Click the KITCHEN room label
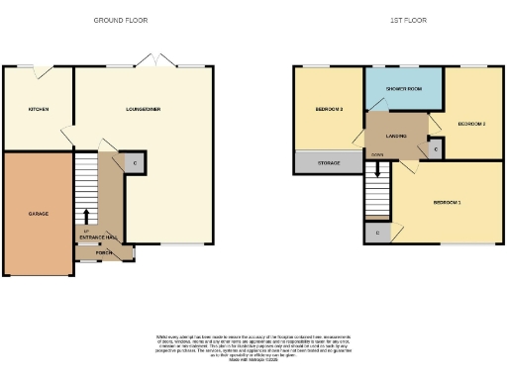39,109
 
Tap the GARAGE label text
39,214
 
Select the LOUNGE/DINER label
144,109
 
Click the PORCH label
104,252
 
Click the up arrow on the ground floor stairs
87,215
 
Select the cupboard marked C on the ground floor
133,161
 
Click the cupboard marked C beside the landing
436,148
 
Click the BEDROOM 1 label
446,203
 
